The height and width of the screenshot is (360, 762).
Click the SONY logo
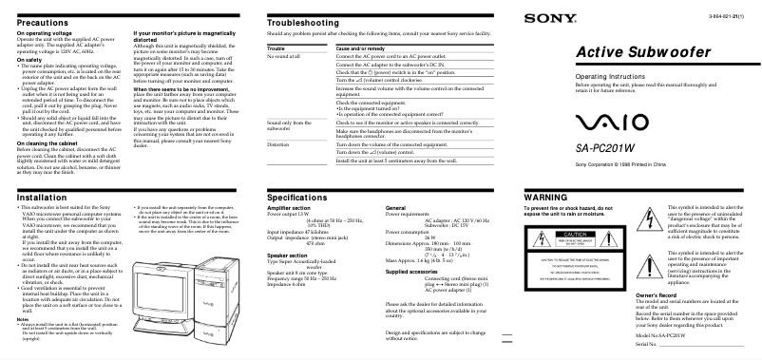pyautogui.click(x=543, y=18)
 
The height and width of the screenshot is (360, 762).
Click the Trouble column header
pyautogui.click(x=278, y=47)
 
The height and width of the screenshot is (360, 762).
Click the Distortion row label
pyautogui.click(x=278, y=144)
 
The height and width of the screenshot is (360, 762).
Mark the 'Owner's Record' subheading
pyautogui.click(x=657, y=295)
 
